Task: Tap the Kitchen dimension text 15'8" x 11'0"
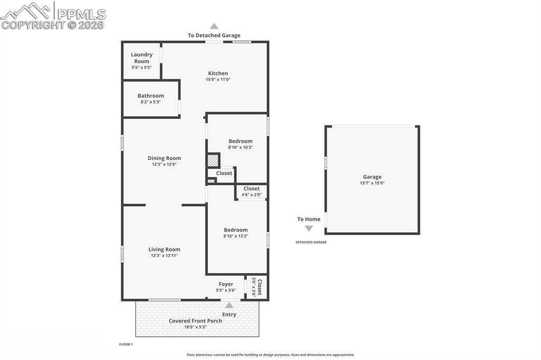coord(218,80)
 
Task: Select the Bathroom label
coord(151,96)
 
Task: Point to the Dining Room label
coord(164,158)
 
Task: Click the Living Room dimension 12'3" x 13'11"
coord(164,255)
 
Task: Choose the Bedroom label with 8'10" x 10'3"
coord(240,141)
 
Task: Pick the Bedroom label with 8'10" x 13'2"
coord(236,230)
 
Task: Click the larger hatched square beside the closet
coord(212,160)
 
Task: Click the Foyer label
coord(226,284)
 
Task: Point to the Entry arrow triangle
coord(229,305)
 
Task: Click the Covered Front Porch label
coord(195,320)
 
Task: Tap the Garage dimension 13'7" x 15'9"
coord(372,183)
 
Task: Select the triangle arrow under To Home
coord(309,229)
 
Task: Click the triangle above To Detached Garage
coord(214,26)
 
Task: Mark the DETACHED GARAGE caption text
coord(311,242)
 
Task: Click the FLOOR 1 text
coord(126,344)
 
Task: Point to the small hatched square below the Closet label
coord(211,181)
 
